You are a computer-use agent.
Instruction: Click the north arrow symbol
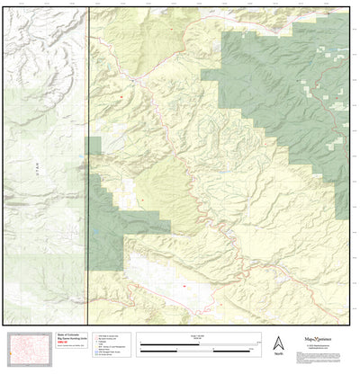(279, 342)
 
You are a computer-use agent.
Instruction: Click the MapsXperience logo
(314, 342)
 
